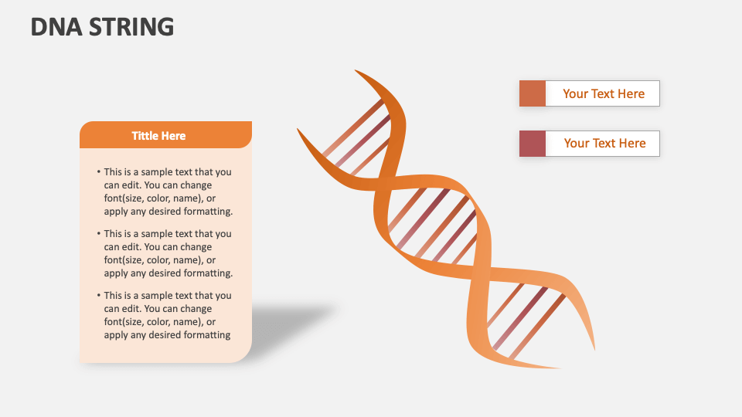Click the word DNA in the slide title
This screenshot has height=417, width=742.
(55, 27)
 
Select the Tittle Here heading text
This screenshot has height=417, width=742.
(158, 136)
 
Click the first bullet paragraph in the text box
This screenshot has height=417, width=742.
(167, 192)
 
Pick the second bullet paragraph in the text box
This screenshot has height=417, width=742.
(167, 253)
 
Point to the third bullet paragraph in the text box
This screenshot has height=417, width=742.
(167, 315)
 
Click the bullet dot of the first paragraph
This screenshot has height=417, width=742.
(98, 172)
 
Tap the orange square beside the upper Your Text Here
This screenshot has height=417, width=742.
(533, 93)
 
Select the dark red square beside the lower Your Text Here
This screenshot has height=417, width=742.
(533, 144)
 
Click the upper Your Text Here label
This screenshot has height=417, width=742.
(603, 93)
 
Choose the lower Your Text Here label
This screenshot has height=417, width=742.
(604, 144)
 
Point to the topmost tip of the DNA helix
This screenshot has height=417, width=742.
(356, 71)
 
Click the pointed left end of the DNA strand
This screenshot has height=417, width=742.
(298, 130)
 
